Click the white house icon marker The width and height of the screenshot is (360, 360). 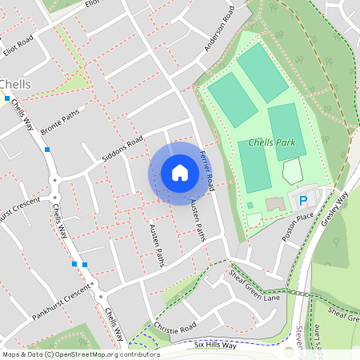point(180,172)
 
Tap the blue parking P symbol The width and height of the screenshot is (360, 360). point(303,201)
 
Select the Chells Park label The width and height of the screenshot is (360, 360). point(272,142)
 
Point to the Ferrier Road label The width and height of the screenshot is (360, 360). point(207,170)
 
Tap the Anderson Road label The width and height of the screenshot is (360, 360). point(218,30)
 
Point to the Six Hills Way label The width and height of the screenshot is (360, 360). point(216,345)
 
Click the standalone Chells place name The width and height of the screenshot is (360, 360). point(15,84)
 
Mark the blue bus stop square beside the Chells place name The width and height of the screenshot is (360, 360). point(6,98)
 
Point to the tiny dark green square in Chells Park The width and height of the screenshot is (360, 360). point(250,205)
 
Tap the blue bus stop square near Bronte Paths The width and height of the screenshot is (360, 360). point(47,150)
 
